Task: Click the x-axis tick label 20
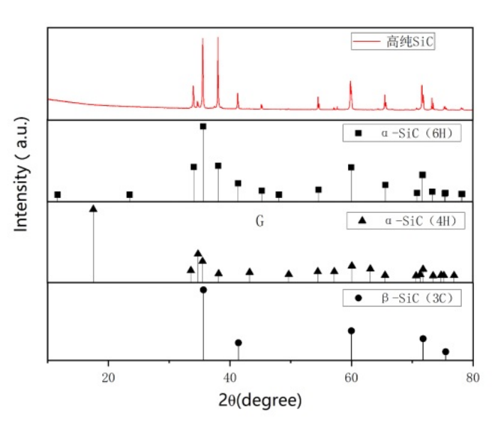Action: click(108, 378)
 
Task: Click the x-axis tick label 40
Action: click(230, 378)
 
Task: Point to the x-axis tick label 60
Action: click(351, 378)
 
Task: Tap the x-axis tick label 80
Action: click(473, 378)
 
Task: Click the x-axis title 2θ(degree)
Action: click(260, 400)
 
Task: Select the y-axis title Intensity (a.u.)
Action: click(21, 174)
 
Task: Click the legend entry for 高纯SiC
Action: click(393, 41)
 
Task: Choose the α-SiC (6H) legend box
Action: click(402, 133)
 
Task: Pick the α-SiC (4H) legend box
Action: click(406, 221)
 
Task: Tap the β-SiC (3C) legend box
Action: click(402, 297)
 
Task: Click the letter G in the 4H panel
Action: click(260, 221)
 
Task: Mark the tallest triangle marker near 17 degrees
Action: click(93, 209)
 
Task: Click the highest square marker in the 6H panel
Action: click(203, 126)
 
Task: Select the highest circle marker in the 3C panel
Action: click(204, 290)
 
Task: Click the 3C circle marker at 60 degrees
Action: click(351, 331)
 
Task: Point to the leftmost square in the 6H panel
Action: click(58, 195)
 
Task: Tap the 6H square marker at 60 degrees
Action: click(351, 168)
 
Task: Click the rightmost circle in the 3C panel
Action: click(445, 352)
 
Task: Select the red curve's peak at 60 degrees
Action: click(351, 82)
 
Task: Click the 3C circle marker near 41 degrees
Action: click(239, 343)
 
